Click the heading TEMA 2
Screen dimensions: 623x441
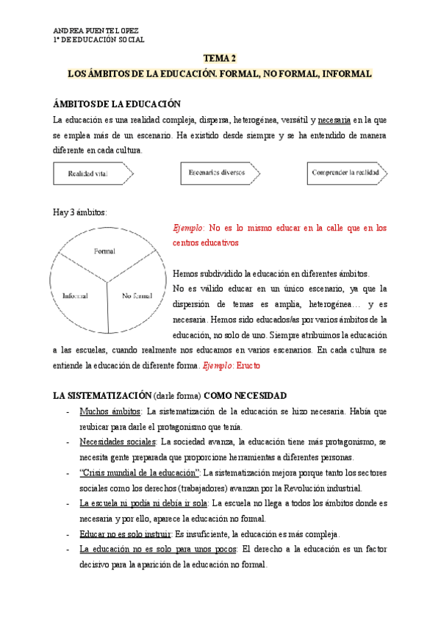[x=220, y=58]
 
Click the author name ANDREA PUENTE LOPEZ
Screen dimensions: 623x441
[x=96, y=30]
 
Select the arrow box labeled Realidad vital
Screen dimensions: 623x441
[x=92, y=173]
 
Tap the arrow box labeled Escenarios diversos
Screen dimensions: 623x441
[x=219, y=173]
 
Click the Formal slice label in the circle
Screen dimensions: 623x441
[x=105, y=251]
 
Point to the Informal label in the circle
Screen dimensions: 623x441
[x=75, y=295]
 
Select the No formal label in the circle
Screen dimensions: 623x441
[x=137, y=295]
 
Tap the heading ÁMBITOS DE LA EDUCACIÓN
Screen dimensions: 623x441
[x=117, y=105]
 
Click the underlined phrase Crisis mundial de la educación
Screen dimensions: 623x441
[x=138, y=472]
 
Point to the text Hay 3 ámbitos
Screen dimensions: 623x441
[x=80, y=212]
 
